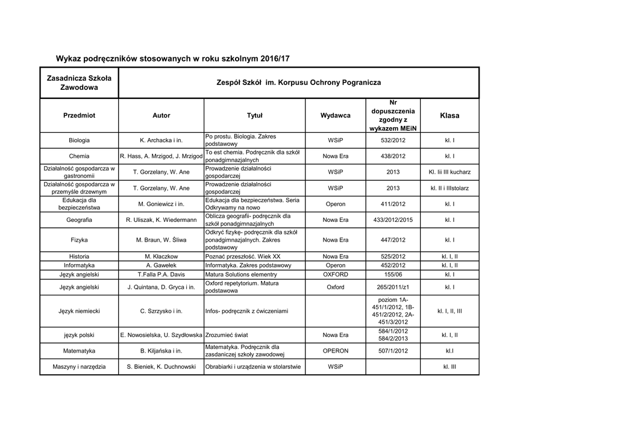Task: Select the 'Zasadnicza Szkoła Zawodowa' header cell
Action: coord(79,83)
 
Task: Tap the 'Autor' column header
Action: coord(161,115)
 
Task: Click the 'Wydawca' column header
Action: coord(336,115)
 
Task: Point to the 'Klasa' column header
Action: coord(449,115)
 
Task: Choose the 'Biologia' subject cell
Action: coord(79,140)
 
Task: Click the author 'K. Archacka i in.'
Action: coord(161,140)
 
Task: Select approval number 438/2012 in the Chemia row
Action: coord(393,156)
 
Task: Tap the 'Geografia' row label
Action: coord(79,220)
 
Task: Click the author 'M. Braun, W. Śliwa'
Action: coord(161,240)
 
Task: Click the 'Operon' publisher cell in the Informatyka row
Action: coord(336,265)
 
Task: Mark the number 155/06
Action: coord(393,274)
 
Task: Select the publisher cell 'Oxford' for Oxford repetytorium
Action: coord(336,287)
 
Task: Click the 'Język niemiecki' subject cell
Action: coord(79,312)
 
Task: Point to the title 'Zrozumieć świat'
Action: coord(227,335)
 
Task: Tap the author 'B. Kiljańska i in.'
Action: coord(161,351)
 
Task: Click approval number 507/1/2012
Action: coord(393,351)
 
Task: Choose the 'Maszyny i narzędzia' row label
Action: coord(79,366)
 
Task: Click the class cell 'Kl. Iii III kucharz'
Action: coord(449,172)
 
